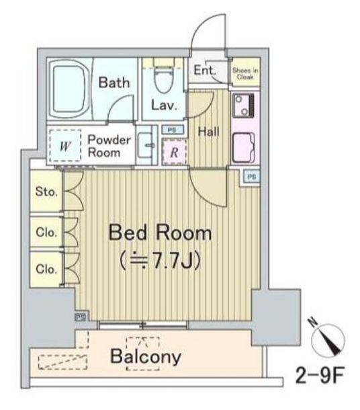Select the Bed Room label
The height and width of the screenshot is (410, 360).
point(160,234)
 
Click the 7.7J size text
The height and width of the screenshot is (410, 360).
point(160,260)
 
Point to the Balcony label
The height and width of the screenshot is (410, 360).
point(146,356)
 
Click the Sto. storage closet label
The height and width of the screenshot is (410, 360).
point(46,192)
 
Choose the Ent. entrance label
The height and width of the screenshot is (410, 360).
point(204,71)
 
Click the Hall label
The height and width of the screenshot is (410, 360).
point(209,132)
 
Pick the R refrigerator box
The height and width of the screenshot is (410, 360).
point(175,151)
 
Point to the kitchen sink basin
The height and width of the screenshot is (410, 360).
point(242,146)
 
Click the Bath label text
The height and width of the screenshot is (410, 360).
point(114,83)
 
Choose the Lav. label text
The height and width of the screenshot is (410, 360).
point(164,106)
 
